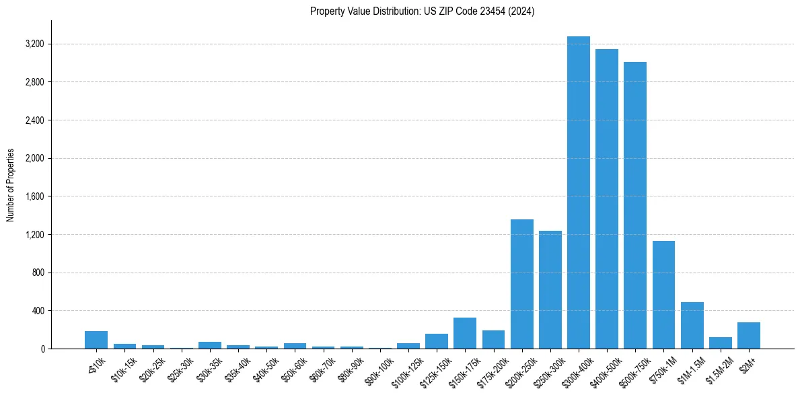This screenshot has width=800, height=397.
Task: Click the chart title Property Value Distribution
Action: [422, 11]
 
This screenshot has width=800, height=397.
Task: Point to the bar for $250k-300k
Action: [550, 289]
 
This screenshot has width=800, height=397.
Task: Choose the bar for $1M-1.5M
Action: [692, 326]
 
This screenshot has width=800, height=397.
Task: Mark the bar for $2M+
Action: [749, 336]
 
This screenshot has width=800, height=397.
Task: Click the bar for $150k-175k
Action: [465, 333]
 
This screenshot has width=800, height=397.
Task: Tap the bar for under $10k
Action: [96, 340]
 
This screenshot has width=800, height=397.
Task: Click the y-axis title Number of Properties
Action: [11, 185]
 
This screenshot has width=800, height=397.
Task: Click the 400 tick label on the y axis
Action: [36, 311]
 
